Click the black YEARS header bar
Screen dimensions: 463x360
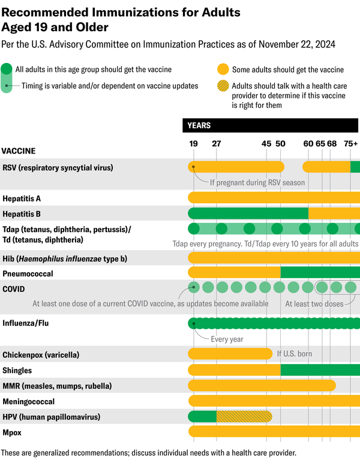tap(271, 125)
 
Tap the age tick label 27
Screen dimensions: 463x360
tap(216, 144)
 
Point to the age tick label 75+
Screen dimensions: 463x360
tap(351, 144)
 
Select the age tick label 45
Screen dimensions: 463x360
tap(266, 144)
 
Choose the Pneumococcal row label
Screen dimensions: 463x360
tap(28, 273)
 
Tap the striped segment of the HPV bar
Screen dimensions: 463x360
tap(244, 416)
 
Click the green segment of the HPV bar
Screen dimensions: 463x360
tap(202, 416)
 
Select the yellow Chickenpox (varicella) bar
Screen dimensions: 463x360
tap(230, 354)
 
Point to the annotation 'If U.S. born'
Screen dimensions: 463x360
tap(294, 354)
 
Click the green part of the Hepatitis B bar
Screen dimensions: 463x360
tap(248, 214)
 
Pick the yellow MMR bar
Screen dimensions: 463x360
tap(262, 385)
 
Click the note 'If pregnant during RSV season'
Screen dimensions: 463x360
tap(257, 182)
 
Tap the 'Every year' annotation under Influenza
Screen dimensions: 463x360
tap(226, 339)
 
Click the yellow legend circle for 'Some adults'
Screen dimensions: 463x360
tap(221, 69)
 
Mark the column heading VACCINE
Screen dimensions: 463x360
tap(19, 151)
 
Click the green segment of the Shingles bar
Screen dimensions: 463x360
tap(320, 370)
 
